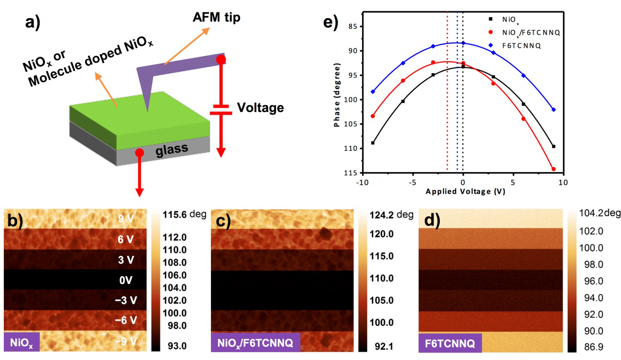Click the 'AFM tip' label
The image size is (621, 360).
216,18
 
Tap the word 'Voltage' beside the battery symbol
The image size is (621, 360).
260,107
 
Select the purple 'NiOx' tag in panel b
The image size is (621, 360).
22,343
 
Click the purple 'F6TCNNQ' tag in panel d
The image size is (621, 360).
450,343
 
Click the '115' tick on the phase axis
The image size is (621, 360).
351,173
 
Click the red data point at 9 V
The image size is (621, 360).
553,169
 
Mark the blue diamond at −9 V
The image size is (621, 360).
373,91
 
